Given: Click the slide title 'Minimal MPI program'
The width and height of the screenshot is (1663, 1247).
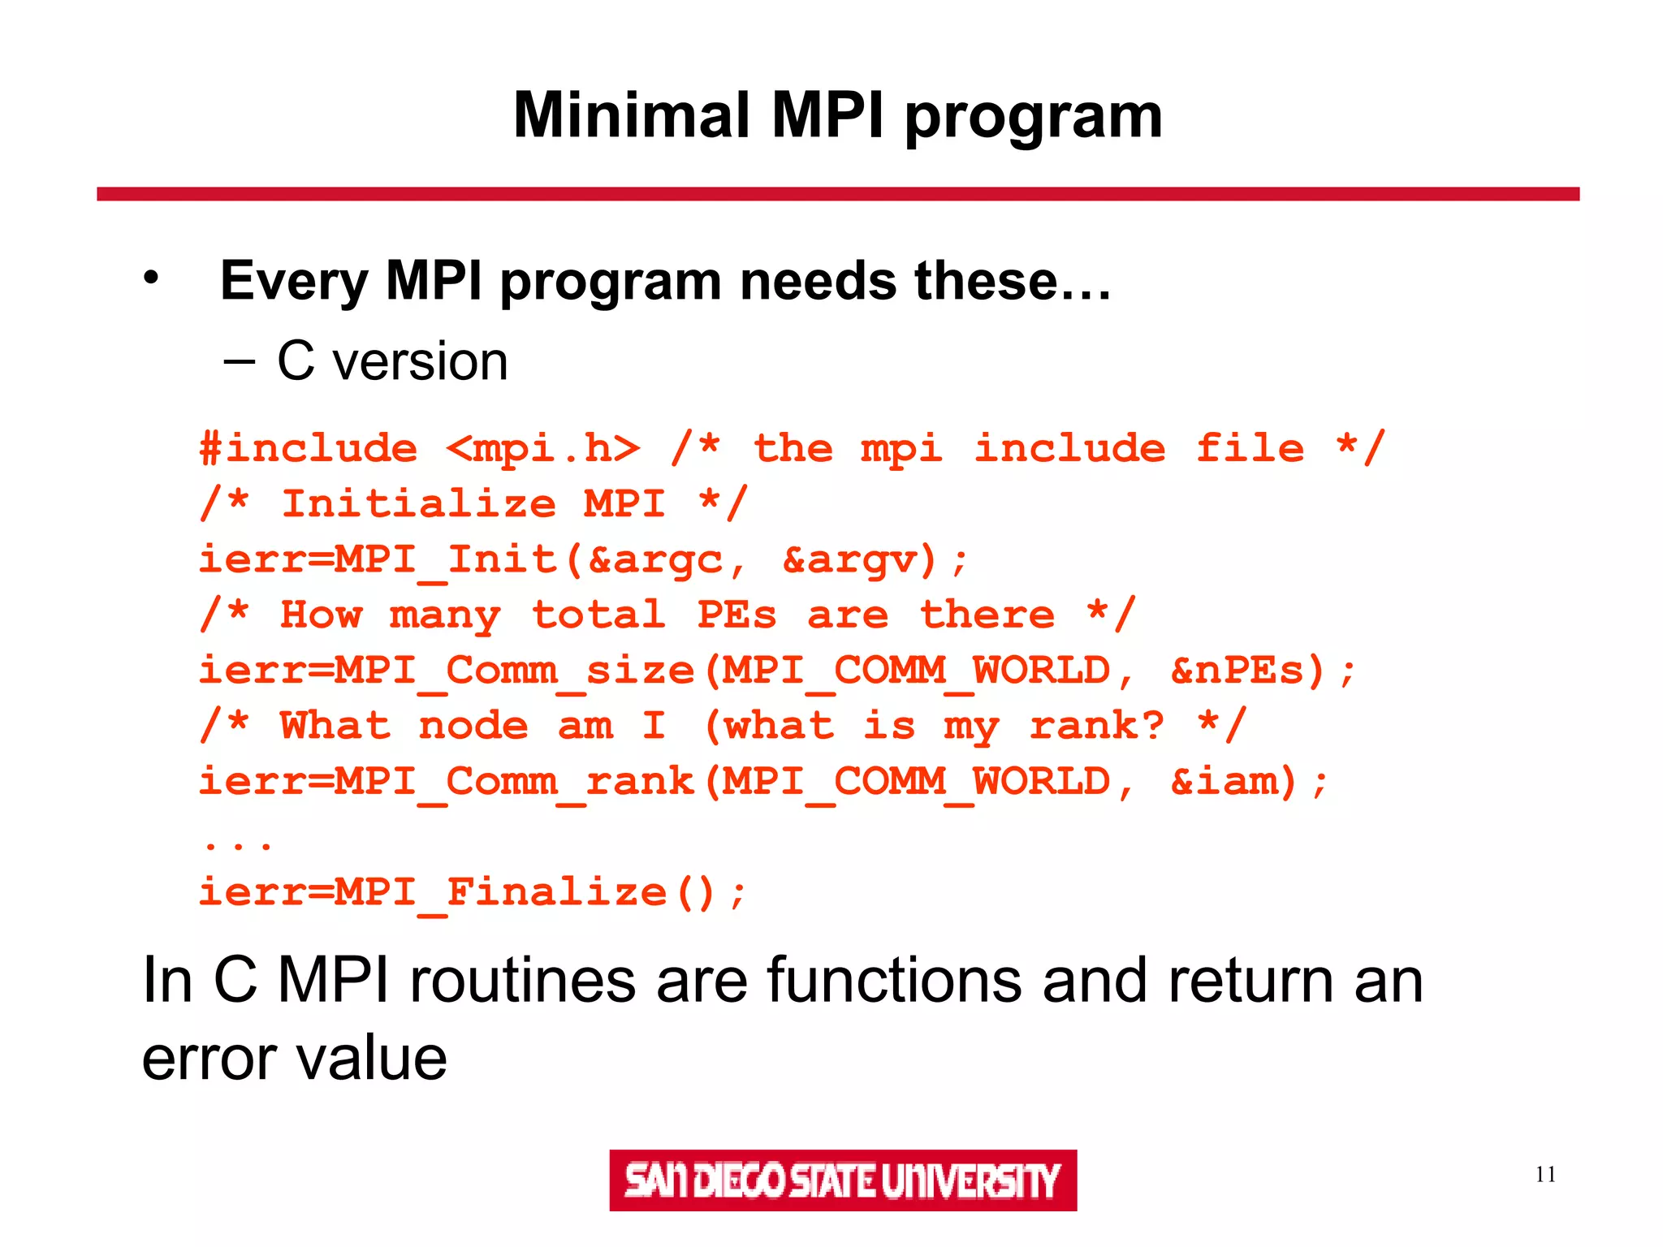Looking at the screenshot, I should point(838,116).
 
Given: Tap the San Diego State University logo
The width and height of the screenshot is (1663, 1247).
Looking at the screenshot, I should point(843,1180).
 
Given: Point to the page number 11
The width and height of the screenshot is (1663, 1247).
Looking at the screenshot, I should point(1545,1174).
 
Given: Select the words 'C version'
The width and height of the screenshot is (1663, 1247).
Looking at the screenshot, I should point(392,361).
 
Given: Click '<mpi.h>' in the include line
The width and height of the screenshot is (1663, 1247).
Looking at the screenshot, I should point(543,449).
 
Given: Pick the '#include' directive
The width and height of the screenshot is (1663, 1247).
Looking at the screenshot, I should point(309,449).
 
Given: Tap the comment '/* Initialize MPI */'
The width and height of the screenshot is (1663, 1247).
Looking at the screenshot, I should point(473,504).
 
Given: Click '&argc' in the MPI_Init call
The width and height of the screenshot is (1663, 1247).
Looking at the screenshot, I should point(654,560).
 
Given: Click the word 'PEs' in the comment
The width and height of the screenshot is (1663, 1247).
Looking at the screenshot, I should point(736,615).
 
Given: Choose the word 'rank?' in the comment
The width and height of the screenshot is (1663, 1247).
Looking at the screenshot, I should point(1097,726).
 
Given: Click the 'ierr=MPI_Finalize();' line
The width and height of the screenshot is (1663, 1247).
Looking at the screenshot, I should point(473,892).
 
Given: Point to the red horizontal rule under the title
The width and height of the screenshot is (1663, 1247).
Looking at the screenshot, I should point(838,194).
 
